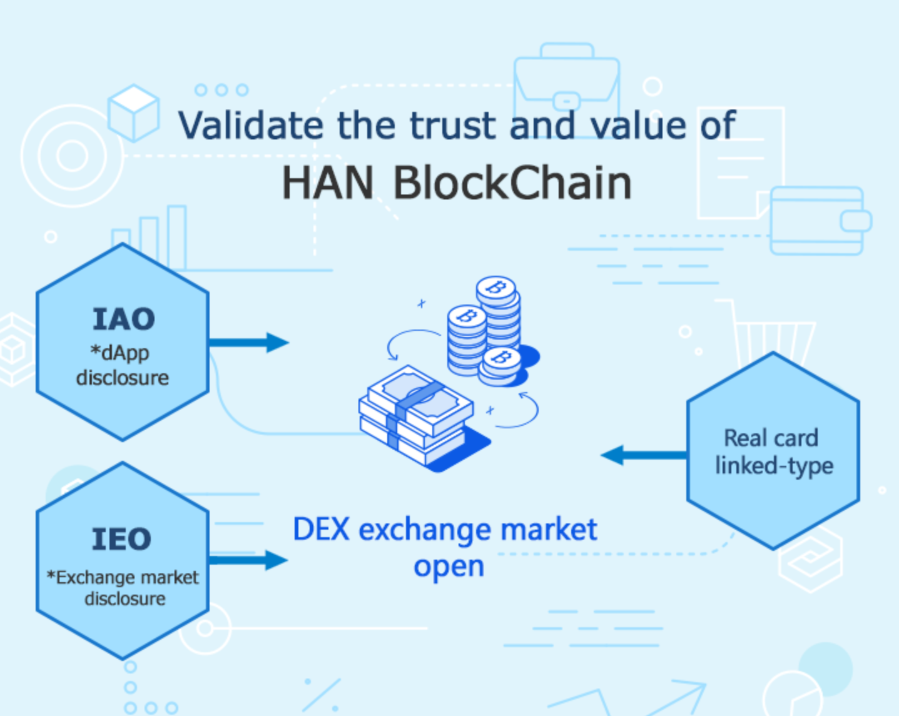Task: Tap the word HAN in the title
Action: tap(327, 183)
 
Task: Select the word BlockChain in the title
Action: tap(512, 183)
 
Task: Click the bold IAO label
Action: tap(123, 320)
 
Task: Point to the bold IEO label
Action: tap(121, 539)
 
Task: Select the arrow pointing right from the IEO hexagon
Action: tap(249, 560)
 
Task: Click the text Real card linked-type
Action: tap(773, 451)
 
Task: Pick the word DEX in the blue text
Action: tap(321, 530)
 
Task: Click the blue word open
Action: tap(449, 567)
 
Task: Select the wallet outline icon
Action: tap(818, 221)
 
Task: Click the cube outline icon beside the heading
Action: tap(133, 113)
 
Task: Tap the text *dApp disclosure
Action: tap(122, 365)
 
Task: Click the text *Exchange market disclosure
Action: tap(123, 588)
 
